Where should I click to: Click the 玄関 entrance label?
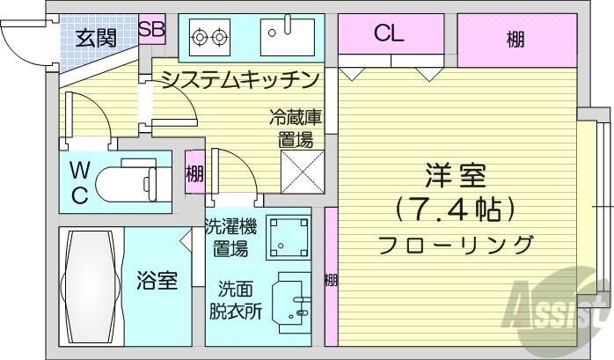click(x=95, y=38)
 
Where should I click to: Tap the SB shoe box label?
click(x=151, y=28)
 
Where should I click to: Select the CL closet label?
click(x=388, y=35)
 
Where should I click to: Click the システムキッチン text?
click(x=238, y=81)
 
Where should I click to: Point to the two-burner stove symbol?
click(x=208, y=37)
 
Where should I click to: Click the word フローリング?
click(x=456, y=243)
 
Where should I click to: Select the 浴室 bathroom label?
click(x=157, y=282)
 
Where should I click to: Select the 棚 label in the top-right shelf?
click(x=515, y=39)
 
